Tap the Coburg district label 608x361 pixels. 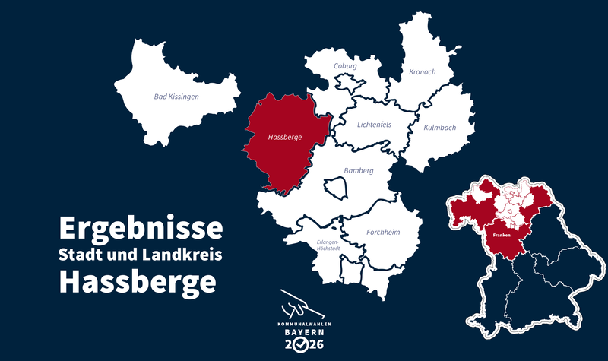pos(344,66)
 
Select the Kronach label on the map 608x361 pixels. pos(422,71)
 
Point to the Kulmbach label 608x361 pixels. pos(439,128)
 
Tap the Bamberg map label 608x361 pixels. pos(359,170)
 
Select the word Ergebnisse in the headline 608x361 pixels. pos(141,228)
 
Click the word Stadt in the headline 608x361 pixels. pos(84,255)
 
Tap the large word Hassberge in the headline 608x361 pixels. pos(138,282)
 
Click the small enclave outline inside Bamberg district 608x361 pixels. pos(335,187)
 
